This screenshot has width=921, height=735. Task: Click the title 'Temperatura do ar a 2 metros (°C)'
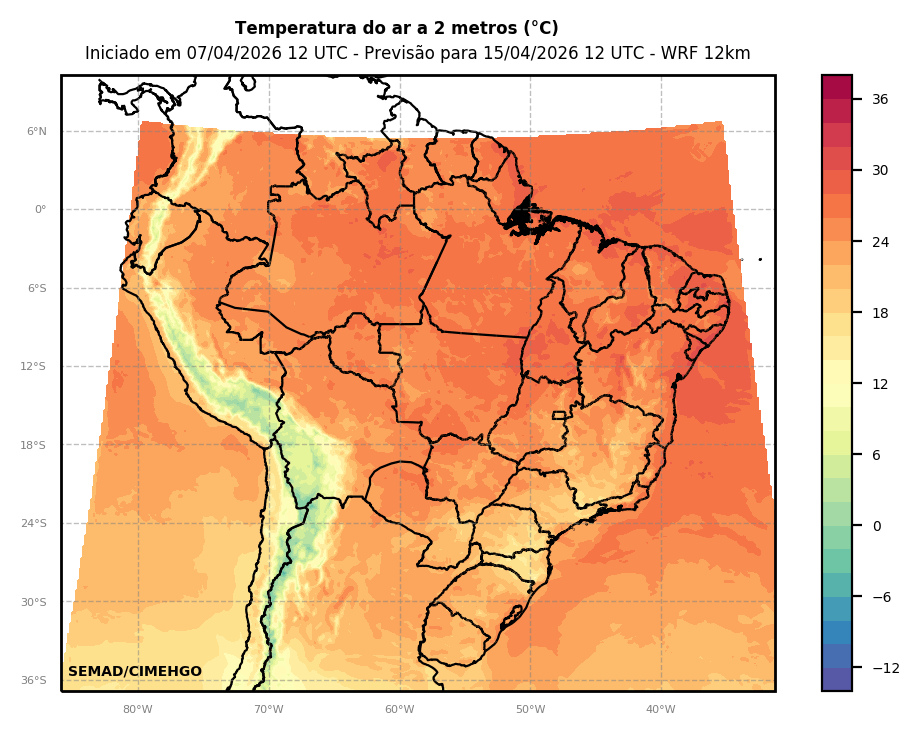pos(396,29)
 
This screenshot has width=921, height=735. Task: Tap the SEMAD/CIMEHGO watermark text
pos(135,672)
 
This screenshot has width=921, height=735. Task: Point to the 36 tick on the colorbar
pos(880,99)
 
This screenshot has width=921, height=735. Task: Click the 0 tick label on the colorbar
pos(877,526)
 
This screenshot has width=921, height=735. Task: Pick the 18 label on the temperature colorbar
pos(880,313)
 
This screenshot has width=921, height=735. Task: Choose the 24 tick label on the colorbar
pos(880,242)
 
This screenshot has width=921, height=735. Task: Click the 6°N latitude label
pos(37,131)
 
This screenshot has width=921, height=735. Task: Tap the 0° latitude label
pos(41,210)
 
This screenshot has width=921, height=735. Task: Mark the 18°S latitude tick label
pos(35,445)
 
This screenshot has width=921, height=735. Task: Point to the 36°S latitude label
pos(35,681)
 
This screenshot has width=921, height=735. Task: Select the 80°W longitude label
pos(138,710)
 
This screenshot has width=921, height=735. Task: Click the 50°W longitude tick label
pos(530,710)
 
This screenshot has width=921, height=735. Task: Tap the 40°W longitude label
pos(661,710)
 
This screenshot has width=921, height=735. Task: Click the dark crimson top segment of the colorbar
pos(837,87)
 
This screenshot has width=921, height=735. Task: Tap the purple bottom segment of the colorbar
pos(837,679)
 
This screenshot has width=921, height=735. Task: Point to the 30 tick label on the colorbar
pos(880,170)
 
